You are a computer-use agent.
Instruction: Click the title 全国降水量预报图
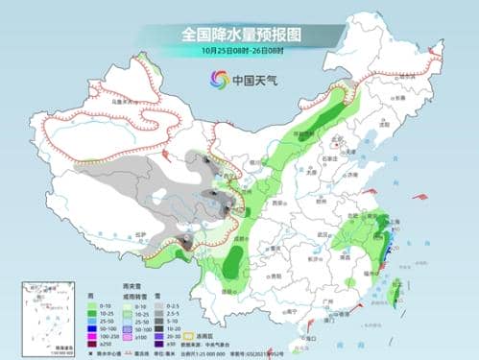pos(239,34)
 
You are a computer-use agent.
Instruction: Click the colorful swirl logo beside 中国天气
pos(211,81)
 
